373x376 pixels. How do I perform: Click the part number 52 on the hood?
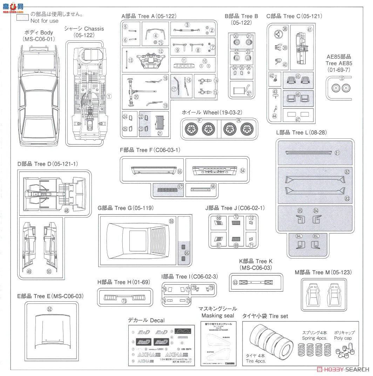point(49,309)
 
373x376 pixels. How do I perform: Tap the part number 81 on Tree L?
point(337,153)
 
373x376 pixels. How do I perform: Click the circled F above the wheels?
point(200,121)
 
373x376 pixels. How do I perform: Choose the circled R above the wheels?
point(239,121)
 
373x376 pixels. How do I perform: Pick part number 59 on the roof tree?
point(171,221)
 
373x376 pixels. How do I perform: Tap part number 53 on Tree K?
point(235,282)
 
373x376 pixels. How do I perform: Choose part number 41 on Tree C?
point(310,29)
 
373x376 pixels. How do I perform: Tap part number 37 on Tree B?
point(249,93)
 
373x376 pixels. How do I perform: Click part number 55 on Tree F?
point(179,172)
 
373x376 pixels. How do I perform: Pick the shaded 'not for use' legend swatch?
point(23,18)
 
